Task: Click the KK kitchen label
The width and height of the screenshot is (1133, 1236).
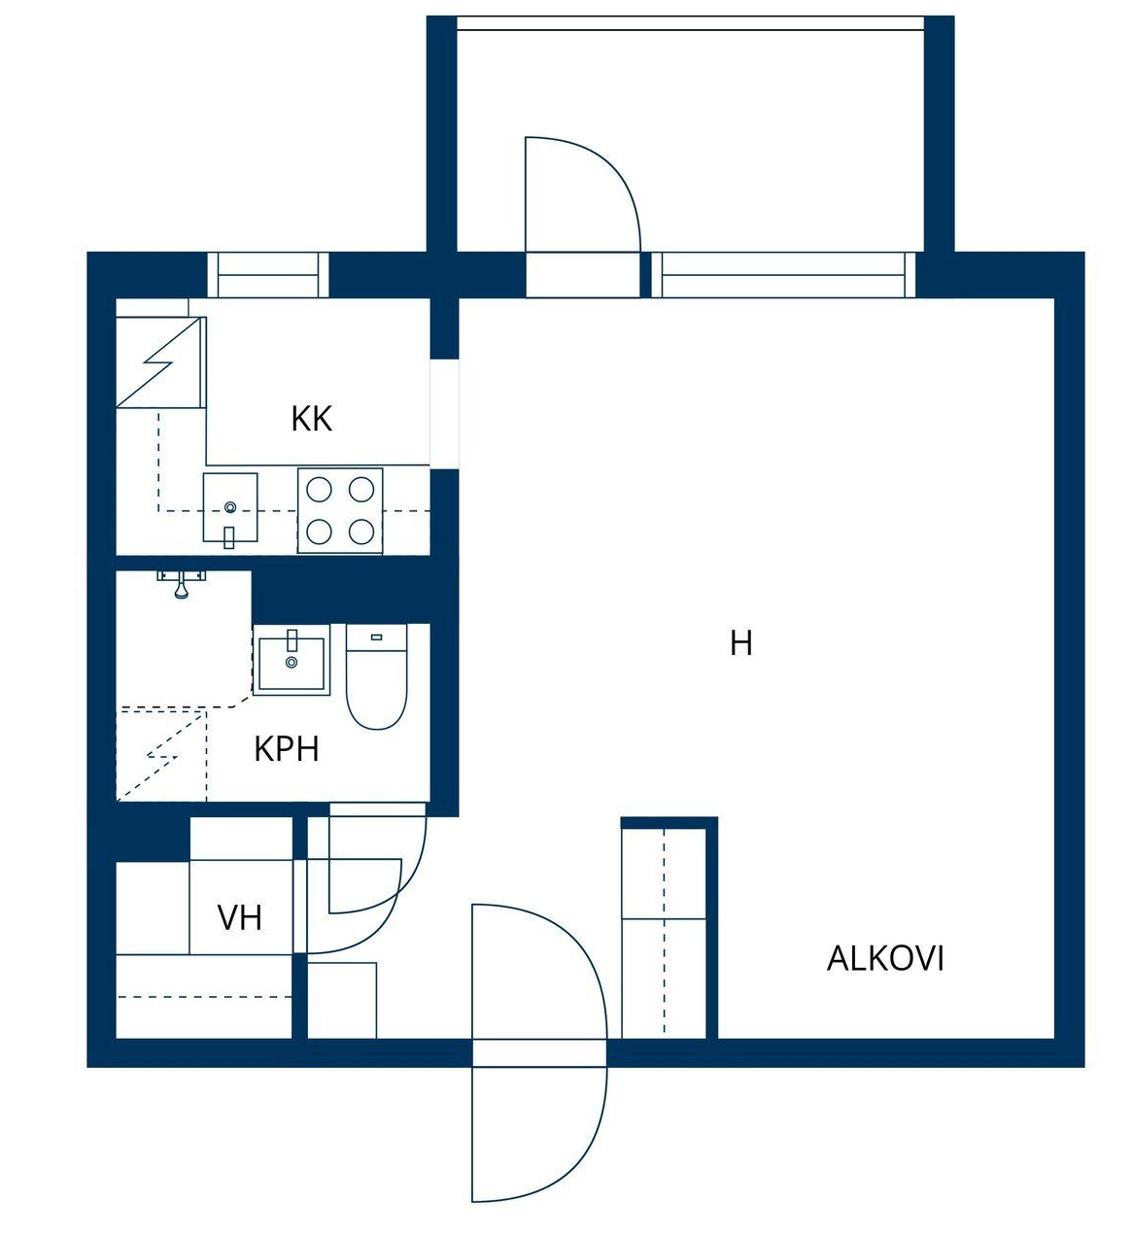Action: (311, 419)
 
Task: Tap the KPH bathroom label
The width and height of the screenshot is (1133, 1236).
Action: (287, 749)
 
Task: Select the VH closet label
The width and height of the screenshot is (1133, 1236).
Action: (240, 917)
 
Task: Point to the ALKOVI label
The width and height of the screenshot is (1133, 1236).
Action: (885, 959)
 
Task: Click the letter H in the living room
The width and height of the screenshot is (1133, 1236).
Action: (741, 643)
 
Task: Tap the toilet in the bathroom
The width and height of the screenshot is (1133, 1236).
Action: (377, 676)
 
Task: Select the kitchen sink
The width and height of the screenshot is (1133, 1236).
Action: (230, 509)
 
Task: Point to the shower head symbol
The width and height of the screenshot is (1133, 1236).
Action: (182, 584)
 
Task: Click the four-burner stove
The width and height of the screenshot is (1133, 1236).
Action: (340, 510)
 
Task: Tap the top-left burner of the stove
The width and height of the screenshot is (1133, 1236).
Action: (320, 490)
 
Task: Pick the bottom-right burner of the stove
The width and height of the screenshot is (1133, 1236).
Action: (361, 532)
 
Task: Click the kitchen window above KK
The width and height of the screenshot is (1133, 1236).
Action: (268, 275)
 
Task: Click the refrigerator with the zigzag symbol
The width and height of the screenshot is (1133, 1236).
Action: (161, 362)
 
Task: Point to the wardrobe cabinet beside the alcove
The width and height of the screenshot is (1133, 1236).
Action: (664, 933)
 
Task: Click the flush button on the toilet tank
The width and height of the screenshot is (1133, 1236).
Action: (377, 636)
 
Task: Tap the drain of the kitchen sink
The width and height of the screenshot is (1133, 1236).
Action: (230, 507)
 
